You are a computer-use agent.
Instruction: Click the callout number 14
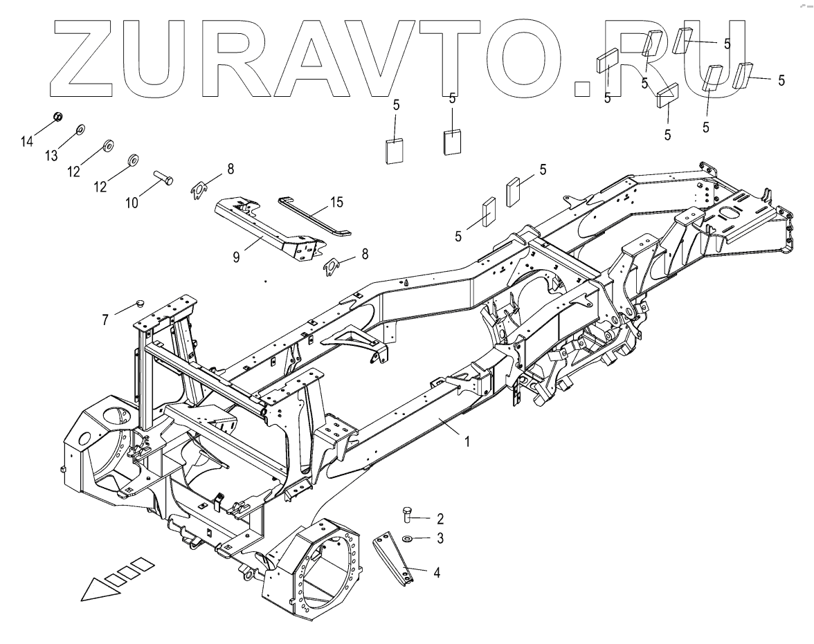point(26,142)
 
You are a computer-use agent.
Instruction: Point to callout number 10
point(132,202)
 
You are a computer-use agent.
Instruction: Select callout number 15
point(336,203)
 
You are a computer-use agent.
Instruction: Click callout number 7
point(105,319)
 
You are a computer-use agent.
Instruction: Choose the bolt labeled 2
point(408,514)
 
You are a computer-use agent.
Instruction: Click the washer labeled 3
point(408,537)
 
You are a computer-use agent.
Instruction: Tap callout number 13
point(51,156)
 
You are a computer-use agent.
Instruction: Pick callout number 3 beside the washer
point(439,537)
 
